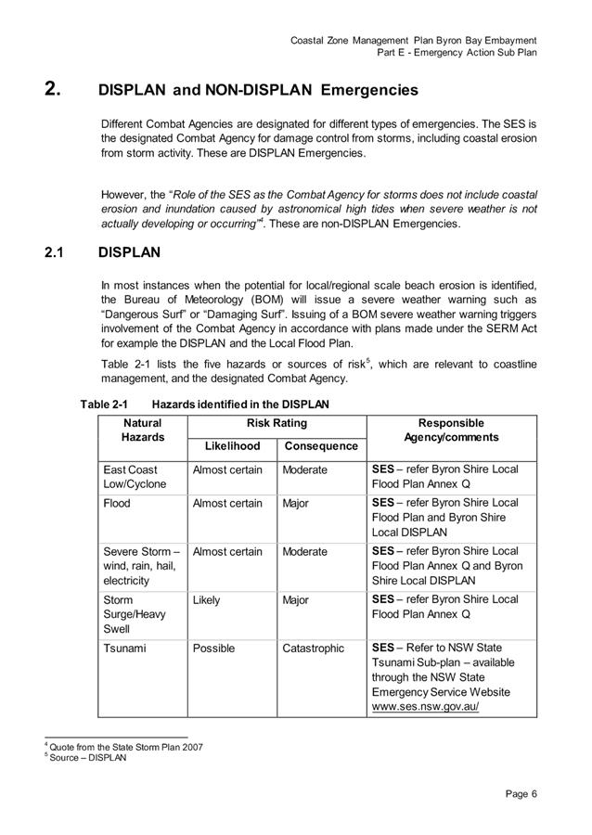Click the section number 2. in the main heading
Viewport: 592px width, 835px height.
(x=54, y=90)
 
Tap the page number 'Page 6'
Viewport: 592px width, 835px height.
(x=521, y=793)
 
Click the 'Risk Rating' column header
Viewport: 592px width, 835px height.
(x=277, y=423)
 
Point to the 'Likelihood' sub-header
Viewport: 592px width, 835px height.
(x=232, y=446)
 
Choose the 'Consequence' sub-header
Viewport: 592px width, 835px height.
(x=321, y=446)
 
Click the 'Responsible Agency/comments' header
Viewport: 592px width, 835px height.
(x=451, y=430)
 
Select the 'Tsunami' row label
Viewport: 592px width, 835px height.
(x=124, y=649)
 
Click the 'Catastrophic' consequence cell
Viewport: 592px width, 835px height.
(x=313, y=649)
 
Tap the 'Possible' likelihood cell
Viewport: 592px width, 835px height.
(x=213, y=649)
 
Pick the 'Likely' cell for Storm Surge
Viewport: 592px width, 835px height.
(x=206, y=600)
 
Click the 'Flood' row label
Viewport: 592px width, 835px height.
(x=117, y=503)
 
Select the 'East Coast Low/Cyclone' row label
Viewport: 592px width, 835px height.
(x=131, y=477)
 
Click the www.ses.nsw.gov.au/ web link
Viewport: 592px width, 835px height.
(x=425, y=706)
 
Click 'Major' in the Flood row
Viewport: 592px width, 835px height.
(x=295, y=503)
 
